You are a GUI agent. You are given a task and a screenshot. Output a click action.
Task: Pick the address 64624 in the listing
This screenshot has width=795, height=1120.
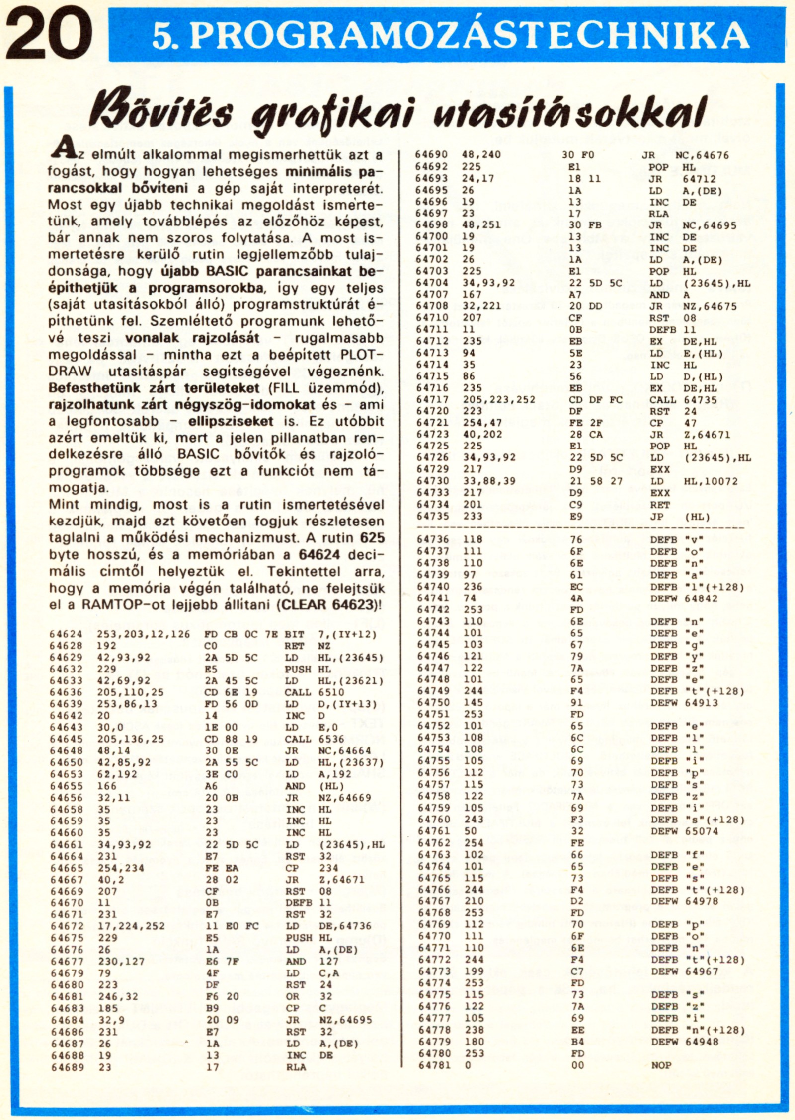click(x=67, y=634)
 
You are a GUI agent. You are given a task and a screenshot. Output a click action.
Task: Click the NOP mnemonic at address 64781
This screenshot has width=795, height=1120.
click(x=661, y=1065)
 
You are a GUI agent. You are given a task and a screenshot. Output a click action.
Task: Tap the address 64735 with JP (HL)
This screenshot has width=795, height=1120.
click(x=432, y=516)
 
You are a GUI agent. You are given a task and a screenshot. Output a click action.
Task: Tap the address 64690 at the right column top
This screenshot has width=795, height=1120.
click(x=432, y=155)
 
